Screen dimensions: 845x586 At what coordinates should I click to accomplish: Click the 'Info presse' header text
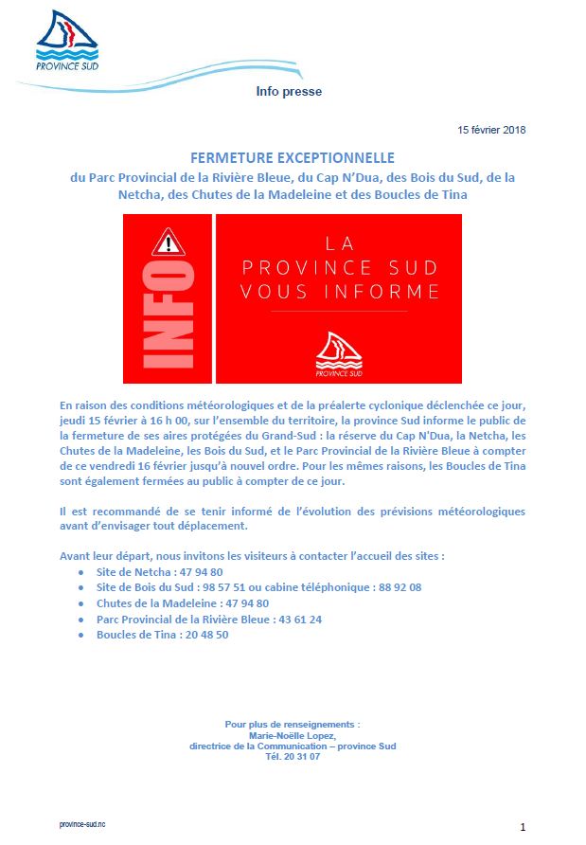[x=289, y=92]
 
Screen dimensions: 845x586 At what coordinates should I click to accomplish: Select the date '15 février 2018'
[x=491, y=130]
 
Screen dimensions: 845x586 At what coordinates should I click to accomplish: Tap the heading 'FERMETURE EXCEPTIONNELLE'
[x=293, y=157]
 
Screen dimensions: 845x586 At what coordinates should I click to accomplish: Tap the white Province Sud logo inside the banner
[x=339, y=352]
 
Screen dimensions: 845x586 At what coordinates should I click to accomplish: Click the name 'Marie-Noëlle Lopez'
[x=292, y=735]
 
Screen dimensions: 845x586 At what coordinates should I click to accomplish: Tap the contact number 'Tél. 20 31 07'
[x=293, y=756]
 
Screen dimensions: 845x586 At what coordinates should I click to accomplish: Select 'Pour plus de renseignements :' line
[x=293, y=725]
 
